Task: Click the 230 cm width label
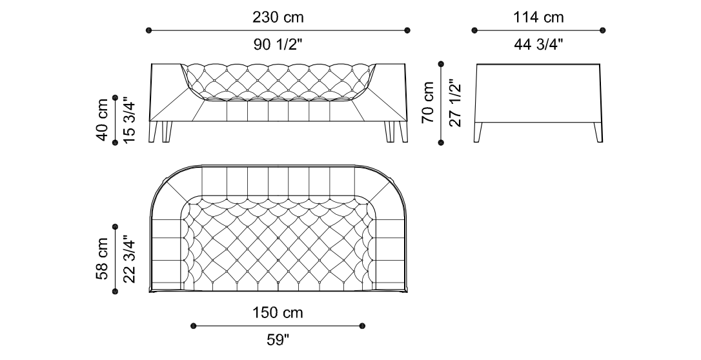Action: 278,17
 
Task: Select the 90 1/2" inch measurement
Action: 278,45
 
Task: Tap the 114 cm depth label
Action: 538,17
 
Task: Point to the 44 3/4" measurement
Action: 538,45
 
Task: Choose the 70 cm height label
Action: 428,103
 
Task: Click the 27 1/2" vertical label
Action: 455,103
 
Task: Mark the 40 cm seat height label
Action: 102,120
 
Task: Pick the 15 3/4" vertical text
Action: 129,120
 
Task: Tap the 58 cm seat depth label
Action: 102,259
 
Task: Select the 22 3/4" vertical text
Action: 129,259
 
